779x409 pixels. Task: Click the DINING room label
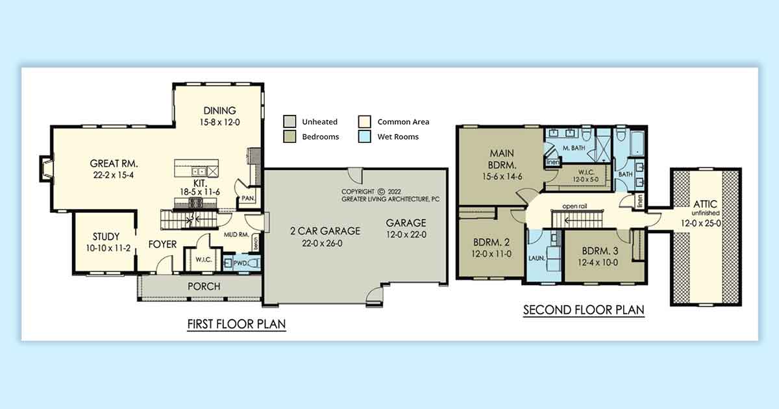(219, 110)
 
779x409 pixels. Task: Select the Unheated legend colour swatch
(290, 121)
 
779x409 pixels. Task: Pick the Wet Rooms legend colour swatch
(364, 136)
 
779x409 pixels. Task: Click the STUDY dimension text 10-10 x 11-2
(108, 248)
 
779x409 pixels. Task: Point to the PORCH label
(204, 286)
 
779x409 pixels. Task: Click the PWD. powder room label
(240, 264)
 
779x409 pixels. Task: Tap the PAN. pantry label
(248, 198)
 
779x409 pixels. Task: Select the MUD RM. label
(236, 235)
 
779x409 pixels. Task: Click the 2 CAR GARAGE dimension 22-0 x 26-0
(322, 243)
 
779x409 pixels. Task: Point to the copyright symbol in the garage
(381, 192)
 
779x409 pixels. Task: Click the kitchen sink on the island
(199, 171)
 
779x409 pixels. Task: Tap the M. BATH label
(574, 148)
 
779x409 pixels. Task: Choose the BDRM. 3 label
(600, 251)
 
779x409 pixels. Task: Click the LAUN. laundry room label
(537, 258)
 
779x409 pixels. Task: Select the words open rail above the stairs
(575, 206)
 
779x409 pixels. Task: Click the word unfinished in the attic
(705, 213)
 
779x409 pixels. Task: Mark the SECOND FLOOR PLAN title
(584, 310)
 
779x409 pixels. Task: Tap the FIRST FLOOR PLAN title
(236, 324)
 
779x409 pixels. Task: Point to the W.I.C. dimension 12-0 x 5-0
(586, 180)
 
